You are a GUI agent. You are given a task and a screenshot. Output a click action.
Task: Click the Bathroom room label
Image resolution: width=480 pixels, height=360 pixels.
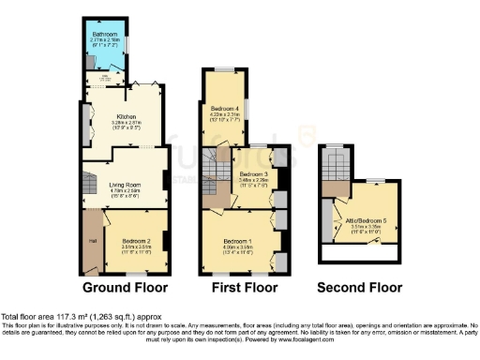(105, 33)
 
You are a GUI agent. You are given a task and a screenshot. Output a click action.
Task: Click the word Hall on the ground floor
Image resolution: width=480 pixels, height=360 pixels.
(93, 242)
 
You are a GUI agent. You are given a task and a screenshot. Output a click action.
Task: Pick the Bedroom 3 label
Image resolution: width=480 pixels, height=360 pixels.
(253, 174)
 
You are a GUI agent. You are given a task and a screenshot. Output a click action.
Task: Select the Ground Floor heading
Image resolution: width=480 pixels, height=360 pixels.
(126, 287)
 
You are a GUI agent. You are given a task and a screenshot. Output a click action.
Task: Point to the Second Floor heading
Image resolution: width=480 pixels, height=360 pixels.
(359, 287)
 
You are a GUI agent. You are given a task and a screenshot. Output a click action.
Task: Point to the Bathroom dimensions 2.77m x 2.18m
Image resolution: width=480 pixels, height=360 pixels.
(105, 39)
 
